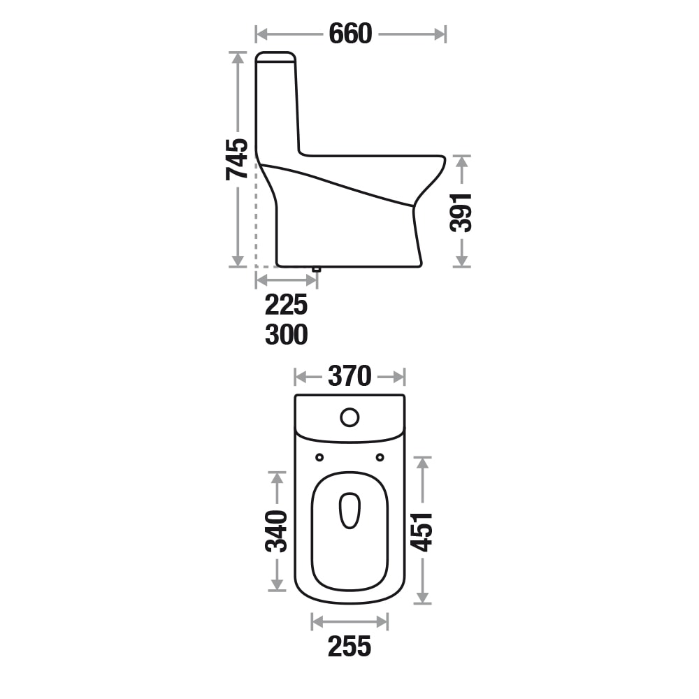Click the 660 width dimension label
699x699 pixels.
click(x=350, y=34)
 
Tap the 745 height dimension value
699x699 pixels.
click(x=237, y=159)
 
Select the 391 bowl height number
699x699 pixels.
click(x=461, y=212)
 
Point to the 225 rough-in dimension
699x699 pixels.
click(x=286, y=305)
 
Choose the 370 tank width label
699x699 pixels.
click(x=349, y=376)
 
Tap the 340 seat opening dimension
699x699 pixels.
click(x=276, y=531)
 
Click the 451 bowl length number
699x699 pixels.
click(x=421, y=531)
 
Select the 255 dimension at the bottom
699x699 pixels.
click(x=349, y=647)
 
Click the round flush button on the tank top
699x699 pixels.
click(x=349, y=417)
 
